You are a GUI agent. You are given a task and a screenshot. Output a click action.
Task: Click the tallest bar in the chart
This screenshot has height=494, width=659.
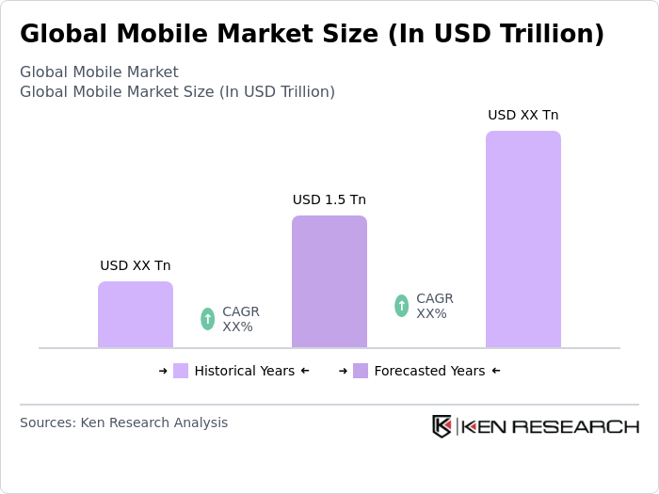click(x=522, y=239)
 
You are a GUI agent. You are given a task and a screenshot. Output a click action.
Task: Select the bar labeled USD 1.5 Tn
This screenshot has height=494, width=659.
click(x=329, y=281)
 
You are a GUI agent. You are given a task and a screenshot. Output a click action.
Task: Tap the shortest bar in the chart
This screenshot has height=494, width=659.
click(x=135, y=314)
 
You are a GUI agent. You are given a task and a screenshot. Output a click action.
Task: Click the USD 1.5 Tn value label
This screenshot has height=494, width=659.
click(x=329, y=199)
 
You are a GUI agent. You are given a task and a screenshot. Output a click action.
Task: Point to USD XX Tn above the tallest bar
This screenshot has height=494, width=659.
click(x=522, y=115)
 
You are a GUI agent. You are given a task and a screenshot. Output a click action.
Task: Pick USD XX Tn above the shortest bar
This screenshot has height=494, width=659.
click(x=135, y=265)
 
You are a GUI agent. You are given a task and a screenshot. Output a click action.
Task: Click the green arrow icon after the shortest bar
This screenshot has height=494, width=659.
click(x=207, y=319)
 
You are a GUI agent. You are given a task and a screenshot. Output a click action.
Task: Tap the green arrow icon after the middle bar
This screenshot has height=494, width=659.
click(x=401, y=306)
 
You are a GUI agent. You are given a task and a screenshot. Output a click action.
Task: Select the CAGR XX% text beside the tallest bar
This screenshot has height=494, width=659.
click(x=434, y=306)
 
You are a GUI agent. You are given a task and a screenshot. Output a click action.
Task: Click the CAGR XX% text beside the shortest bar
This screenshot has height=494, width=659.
click(x=240, y=319)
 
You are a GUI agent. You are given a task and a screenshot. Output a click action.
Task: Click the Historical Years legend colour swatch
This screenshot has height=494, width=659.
click(x=181, y=371)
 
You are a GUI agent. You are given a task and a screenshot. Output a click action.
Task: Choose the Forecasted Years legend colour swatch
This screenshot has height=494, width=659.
click(x=361, y=371)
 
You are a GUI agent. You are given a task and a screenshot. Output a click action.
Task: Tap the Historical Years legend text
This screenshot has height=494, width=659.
click(x=244, y=371)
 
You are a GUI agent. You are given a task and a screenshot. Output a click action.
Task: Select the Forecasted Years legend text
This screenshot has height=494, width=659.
click(x=429, y=371)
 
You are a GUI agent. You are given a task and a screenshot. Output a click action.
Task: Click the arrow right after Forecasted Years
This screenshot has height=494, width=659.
click(x=496, y=371)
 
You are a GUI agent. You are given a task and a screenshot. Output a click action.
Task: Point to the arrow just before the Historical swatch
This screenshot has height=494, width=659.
click(x=163, y=371)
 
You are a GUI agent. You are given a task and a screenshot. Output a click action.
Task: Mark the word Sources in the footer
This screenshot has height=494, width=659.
click(x=45, y=422)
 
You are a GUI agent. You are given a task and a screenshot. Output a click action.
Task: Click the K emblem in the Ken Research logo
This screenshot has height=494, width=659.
click(x=442, y=426)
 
